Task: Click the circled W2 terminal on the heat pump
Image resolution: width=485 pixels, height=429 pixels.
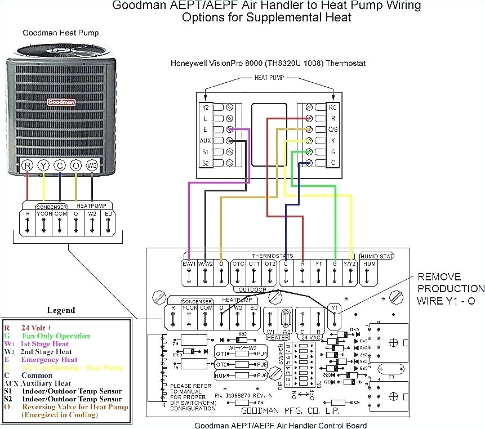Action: coord(92,166)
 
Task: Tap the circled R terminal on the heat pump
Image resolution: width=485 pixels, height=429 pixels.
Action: coord(27,166)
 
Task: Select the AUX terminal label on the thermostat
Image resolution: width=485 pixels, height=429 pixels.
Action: coord(205,140)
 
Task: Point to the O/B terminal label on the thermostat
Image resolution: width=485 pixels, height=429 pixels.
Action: coord(333,129)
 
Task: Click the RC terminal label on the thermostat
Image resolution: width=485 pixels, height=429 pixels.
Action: coord(333,106)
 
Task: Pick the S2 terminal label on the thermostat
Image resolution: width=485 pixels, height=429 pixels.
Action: coord(205,163)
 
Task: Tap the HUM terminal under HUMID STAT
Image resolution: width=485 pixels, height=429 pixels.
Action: coord(370,264)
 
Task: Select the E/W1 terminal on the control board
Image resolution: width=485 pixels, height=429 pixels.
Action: coord(189,264)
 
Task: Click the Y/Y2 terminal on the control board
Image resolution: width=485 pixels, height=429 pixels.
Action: coord(351,264)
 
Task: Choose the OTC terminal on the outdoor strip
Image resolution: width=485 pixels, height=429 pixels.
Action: coord(238,264)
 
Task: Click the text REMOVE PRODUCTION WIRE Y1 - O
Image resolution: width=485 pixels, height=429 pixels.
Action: coord(447,289)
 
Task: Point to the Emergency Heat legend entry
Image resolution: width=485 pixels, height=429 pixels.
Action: coord(49,360)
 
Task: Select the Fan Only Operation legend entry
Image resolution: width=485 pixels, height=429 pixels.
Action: coord(56,336)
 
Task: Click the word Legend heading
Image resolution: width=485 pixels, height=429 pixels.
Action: coord(60,310)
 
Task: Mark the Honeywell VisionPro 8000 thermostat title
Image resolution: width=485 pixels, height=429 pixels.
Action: coord(268,63)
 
